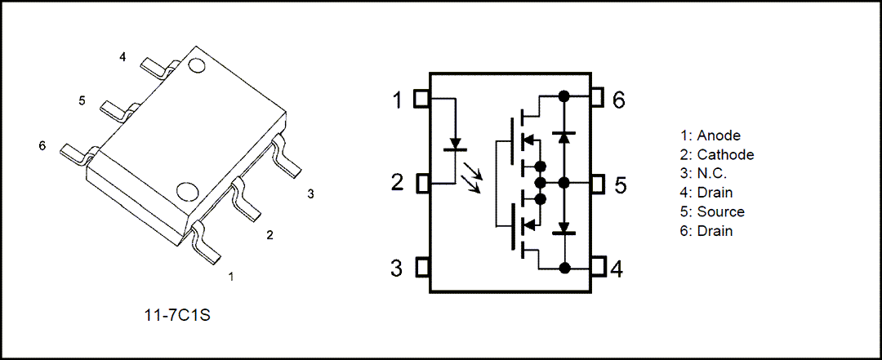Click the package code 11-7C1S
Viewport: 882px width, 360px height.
click(177, 316)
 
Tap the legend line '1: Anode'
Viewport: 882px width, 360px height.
click(710, 136)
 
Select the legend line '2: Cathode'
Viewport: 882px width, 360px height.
click(717, 154)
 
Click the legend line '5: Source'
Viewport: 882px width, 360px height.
click(712, 212)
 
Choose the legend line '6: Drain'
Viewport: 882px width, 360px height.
click(706, 231)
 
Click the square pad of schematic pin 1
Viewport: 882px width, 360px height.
click(422, 99)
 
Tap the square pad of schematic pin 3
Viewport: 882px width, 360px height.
click(422, 267)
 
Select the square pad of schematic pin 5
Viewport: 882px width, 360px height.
click(598, 184)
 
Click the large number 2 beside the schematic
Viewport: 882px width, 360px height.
click(397, 184)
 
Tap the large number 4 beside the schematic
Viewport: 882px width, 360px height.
click(617, 269)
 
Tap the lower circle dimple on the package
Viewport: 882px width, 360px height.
click(185, 192)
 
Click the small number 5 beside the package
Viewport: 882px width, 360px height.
click(82, 100)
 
